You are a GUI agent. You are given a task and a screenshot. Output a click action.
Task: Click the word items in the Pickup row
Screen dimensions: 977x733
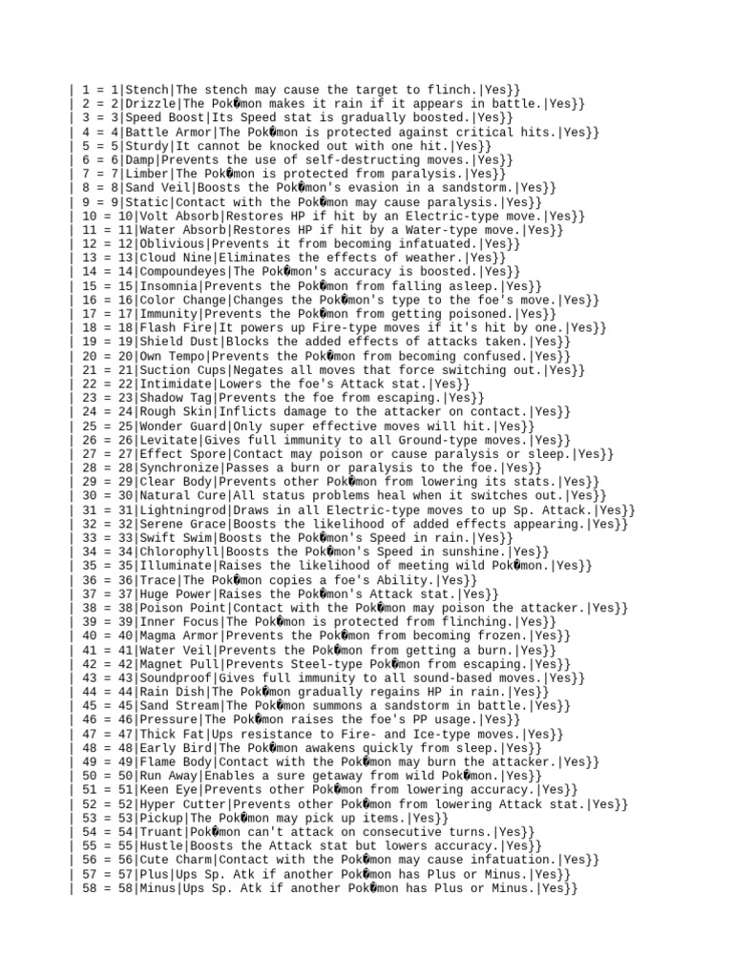click(x=385, y=819)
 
